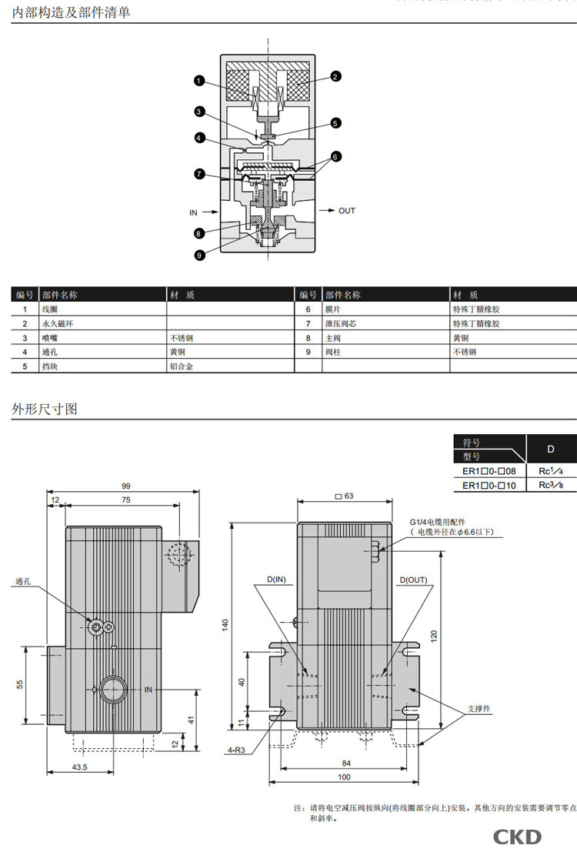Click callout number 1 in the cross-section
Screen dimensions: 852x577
(x=198, y=79)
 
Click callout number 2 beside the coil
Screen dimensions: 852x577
(x=335, y=76)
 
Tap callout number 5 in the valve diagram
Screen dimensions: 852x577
(x=335, y=123)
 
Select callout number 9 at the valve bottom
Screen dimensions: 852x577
(x=198, y=256)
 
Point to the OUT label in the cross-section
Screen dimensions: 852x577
(x=347, y=211)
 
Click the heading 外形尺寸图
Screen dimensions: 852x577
(x=45, y=409)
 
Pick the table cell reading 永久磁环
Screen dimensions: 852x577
(x=58, y=323)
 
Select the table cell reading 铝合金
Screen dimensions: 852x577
(x=182, y=366)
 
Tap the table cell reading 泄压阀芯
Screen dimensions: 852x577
(x=340, y=323)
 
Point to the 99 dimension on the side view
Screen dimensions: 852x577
(x=125, y=486)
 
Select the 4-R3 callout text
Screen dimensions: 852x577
(x=236, y=747)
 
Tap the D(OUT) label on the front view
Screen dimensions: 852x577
(x=414, y=580)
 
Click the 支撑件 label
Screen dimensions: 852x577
(x=479, y=709)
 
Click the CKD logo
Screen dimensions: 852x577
(x=517, y=837)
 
